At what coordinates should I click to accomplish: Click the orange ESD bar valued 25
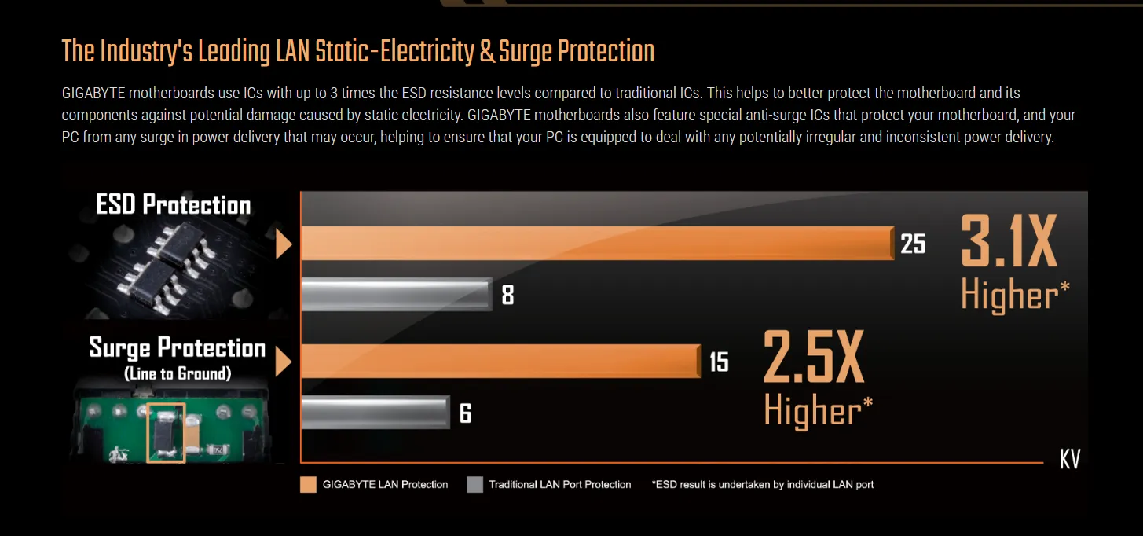click(x=597, y=244)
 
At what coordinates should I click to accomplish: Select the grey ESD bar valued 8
click(x=396, y=294)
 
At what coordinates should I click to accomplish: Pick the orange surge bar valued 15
click(x=500, y=362)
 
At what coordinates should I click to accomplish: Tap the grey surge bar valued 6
click(x=375, y=412)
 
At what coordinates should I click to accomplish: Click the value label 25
click(x=913, y=244)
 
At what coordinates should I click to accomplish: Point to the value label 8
click(x=507, y=296)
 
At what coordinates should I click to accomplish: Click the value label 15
click(x=719, y=362)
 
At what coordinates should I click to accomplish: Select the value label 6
click(x=465, y=413)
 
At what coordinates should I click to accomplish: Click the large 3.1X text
click(x=1009, y=244)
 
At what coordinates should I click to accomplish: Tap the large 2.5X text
click(x=814, y=358)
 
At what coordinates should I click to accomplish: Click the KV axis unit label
click(x=1070, y=460)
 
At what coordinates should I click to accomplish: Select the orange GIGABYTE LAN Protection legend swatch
click(x=308, y=484)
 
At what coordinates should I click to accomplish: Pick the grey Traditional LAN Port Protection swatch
click(x=474, y=484)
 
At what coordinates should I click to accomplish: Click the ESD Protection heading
click(x=173, y=205)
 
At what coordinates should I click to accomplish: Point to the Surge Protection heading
click(x=177, y=347)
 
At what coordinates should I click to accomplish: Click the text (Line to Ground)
click(x=178, y=374)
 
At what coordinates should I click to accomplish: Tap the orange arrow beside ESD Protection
click(x=284, y=244)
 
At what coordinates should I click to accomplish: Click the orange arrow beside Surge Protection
click(x=284, y=362)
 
